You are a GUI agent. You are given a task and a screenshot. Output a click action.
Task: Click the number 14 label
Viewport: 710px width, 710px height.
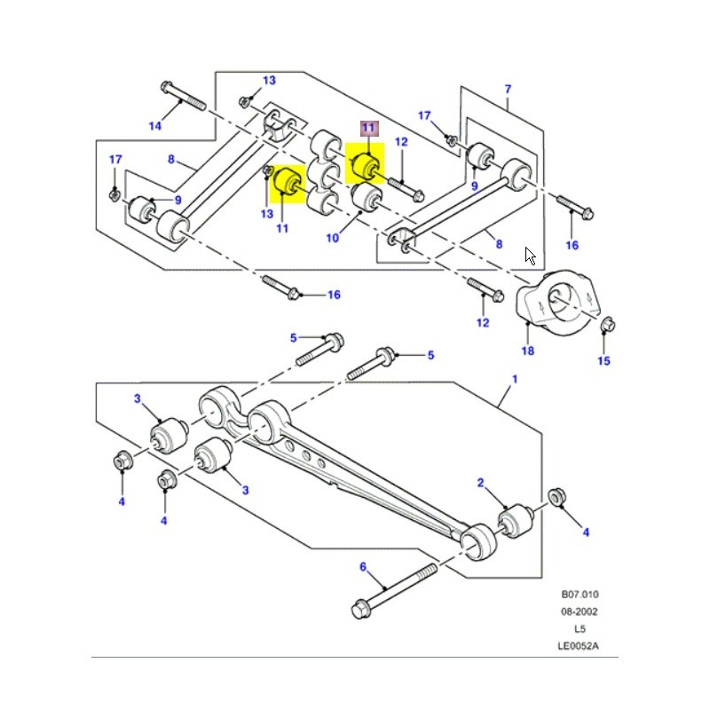tap(155, 126)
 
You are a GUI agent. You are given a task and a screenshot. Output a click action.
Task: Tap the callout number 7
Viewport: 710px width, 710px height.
tap(508, 89)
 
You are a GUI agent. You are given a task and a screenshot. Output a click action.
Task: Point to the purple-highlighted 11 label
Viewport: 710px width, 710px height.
tap(368, 129)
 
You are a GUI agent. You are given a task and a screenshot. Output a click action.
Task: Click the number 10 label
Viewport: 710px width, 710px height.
tap(333, 238)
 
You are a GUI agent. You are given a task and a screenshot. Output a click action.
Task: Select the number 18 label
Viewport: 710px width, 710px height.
tap(527, 352)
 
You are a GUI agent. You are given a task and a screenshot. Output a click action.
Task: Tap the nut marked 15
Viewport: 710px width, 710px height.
tap(607, 326)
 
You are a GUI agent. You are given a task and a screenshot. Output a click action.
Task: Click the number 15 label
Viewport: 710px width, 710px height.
tap(603, 361)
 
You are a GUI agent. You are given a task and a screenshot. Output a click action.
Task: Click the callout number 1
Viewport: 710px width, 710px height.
tap(512, 380)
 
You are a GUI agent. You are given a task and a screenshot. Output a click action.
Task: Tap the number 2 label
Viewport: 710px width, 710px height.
tap(481, 484)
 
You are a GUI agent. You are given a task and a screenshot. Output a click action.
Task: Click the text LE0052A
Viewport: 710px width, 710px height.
tap(579, 645)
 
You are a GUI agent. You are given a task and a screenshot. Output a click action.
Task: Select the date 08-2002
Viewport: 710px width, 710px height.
tap(579, 612)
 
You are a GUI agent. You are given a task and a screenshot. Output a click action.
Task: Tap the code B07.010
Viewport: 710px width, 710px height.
tap(579, 596)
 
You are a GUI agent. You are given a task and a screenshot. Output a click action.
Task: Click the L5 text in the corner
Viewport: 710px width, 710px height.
tap(579, 629)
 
